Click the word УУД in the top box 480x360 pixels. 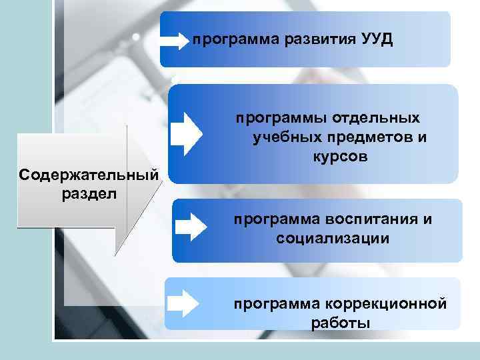(x=377, y=39)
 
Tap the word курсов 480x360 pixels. (x=339, y=157)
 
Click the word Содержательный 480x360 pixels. (x=89, y=175)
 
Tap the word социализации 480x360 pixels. (x=333, y=238)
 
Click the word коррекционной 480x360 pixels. (x=385, y=304)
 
